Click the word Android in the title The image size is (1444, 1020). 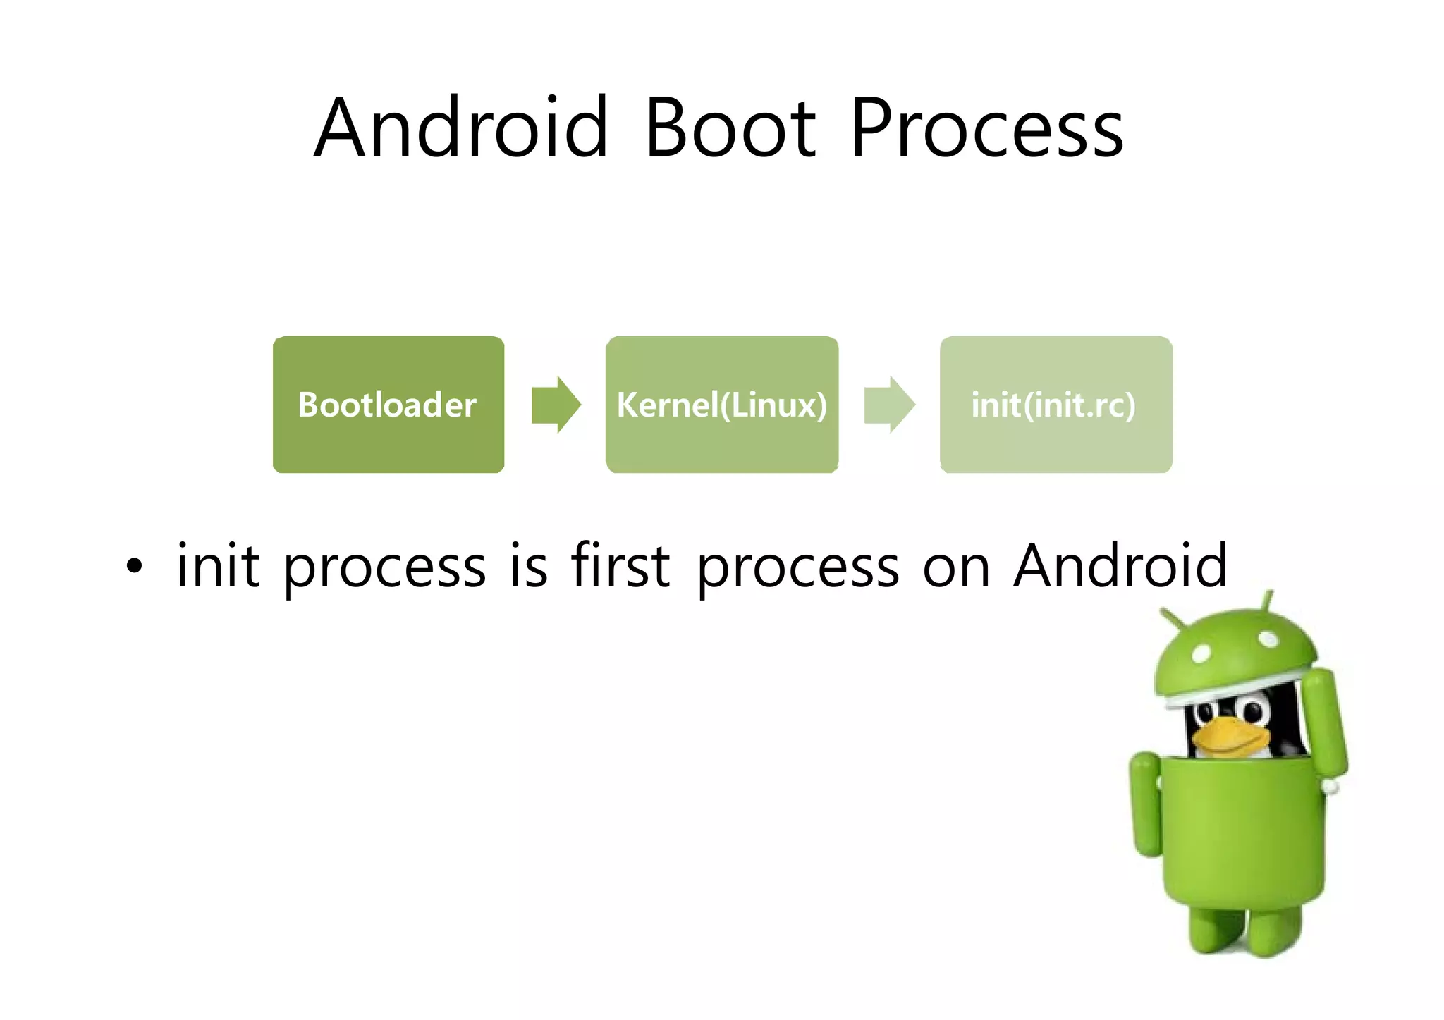click(460, 129)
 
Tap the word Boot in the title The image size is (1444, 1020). click(730, 129)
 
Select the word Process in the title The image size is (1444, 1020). click(986, 129)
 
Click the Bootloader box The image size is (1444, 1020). click(388, 405)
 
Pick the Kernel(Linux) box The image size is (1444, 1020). click(721, 405)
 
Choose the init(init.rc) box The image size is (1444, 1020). click(1056, 405)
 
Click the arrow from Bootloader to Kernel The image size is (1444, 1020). click(556, 405)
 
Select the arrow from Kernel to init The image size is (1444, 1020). click(889, 405)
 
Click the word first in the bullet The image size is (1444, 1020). click(620, 566)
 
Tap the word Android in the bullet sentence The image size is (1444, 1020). click(1120, 566)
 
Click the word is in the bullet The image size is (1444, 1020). click(528, 566)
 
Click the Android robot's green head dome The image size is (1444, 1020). click(1234, 652)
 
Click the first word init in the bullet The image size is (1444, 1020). click(218, 566)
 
